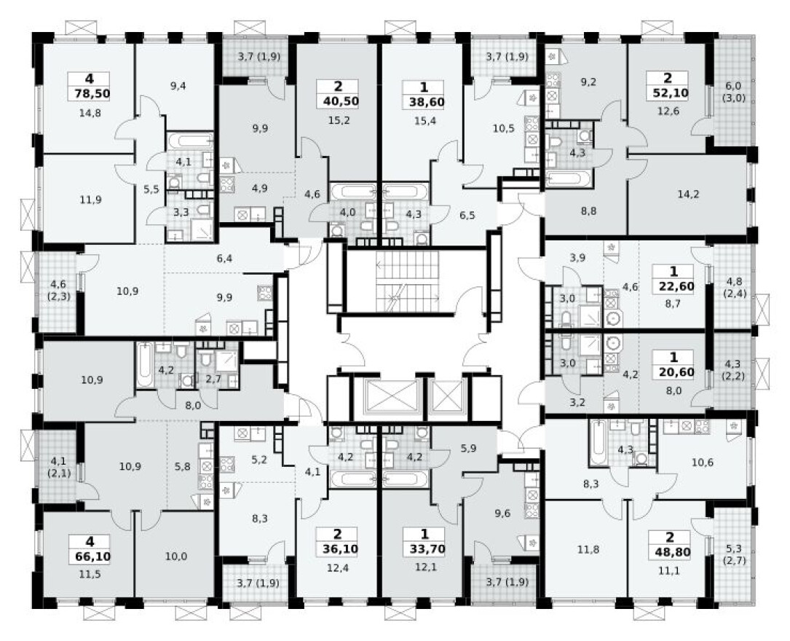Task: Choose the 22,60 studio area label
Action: [674, 286]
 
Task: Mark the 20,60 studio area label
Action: [674, 371]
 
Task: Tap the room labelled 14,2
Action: [687, 194]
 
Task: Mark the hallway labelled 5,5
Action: [151, 189]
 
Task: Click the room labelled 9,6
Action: [502, 512]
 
